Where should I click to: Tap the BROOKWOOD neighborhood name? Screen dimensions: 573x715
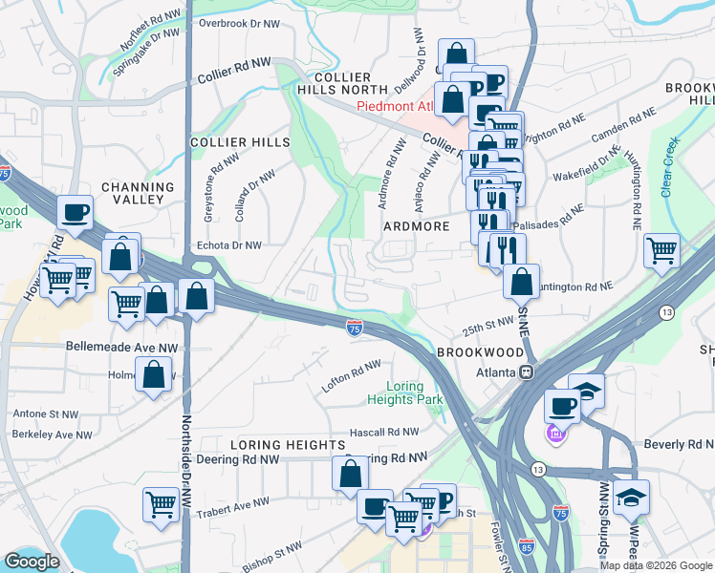click(x=480, y=352)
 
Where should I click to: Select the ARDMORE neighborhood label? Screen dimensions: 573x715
click(x=416, y=226)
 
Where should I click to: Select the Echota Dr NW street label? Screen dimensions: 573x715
click(x=228, y=245)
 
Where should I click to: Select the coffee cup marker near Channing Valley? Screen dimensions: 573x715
click(x=75, y=213)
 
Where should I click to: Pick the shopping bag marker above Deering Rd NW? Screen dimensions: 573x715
click(x=351, y=473)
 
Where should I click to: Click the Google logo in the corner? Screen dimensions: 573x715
click(x=32, y=562)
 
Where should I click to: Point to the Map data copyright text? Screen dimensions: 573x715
click(x=655, y=565)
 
